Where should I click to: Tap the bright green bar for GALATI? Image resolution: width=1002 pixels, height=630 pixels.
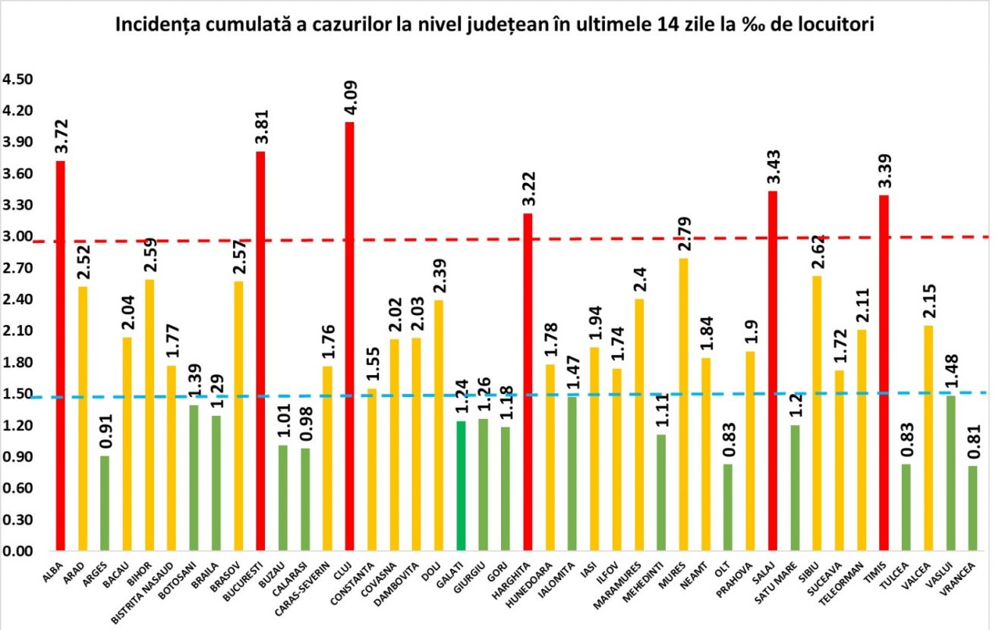click(x=460, y=486)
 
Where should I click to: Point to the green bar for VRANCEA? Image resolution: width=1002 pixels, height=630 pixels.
click(x=972, y=508)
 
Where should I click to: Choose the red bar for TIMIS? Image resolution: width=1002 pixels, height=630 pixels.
click(x=884, y=373)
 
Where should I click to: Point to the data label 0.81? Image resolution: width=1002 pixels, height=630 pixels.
click(x=972, y=445)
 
